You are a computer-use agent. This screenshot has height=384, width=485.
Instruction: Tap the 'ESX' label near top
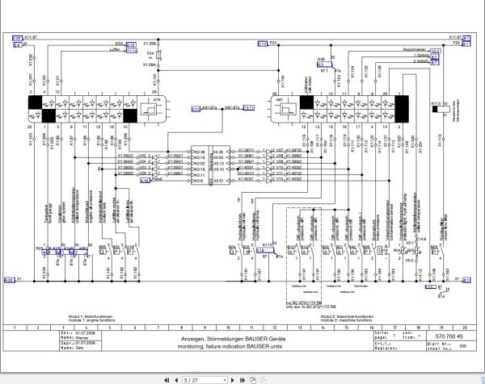(119, 44)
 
